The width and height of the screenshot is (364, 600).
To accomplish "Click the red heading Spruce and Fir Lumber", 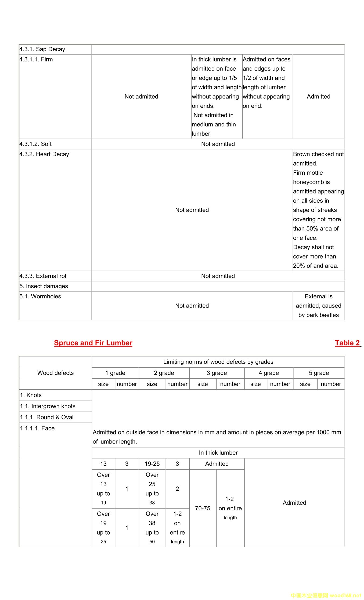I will click(x=93, y=343).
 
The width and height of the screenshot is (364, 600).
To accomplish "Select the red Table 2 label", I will click(x=347, y=343).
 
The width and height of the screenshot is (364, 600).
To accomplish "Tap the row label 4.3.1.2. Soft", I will click(x=35, y=144).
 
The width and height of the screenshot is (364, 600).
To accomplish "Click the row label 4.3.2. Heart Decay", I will click(x=44, y=154).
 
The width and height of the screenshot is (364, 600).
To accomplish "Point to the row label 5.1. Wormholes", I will click(x=40, y=296).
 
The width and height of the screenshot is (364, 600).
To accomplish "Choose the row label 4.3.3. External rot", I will click(x=43, y=276).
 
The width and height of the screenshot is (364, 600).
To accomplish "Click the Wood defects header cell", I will click(x=55, y=373).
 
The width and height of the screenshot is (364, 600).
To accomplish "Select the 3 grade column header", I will click(x=217, y=373).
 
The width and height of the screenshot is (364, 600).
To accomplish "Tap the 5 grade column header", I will click(x=319, y=373).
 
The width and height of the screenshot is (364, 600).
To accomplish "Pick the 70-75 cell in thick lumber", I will click(x=203, y=508).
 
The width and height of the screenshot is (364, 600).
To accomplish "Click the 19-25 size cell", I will click(x=152, y=464).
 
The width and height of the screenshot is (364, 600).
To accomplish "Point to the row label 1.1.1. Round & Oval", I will click(x=46, y=417).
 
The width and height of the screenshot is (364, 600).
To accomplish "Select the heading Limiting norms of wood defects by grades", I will click(x=218, y=362).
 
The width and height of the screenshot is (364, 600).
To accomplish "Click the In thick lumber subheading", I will click(x=218, y=453).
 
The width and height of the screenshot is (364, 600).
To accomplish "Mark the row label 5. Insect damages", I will click(x=44, y=286).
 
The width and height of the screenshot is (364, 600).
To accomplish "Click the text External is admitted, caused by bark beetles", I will click(x=318, y=306).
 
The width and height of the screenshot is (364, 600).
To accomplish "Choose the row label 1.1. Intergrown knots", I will click(x=48, y=406).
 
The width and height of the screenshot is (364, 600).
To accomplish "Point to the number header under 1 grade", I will click(x=127, y=384).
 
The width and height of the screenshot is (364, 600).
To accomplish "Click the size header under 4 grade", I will click(x=255, y=384).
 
